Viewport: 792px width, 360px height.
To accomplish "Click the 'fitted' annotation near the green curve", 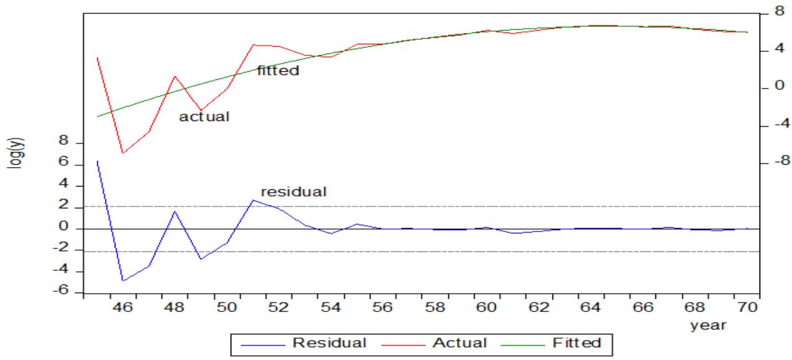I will click(x=278, y=71).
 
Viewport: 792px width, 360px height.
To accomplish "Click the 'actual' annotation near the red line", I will click(x=205, y=117).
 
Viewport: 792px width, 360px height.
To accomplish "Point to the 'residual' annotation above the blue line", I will click(x=293, y=192).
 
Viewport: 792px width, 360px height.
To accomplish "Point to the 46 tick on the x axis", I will click(x=123, y=308).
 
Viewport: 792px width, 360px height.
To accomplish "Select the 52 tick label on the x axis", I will click(x=279, y=308).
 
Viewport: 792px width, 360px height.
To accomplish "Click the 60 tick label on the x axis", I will click(x=487, y=308).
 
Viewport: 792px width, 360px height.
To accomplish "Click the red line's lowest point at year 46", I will click(x=123, y=153).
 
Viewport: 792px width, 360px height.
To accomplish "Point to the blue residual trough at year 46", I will click(x=123, y=281).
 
